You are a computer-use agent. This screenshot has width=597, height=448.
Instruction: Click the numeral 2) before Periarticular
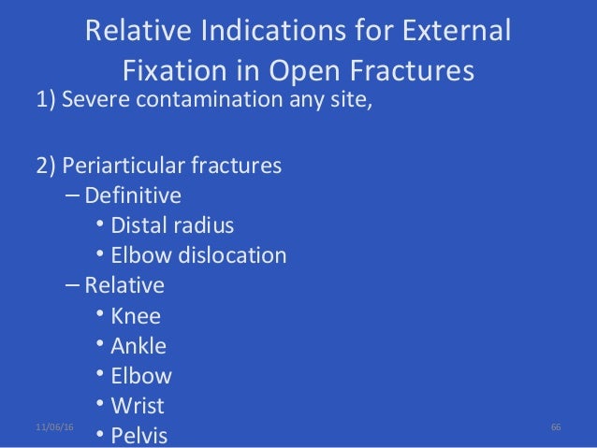pos(48,167)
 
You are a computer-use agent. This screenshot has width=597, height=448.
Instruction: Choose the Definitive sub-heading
pos(133,196)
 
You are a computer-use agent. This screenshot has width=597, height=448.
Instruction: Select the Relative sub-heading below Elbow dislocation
pos(124,285)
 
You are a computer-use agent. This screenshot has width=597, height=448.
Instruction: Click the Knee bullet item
pos(136,315)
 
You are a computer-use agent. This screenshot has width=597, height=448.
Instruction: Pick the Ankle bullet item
pos(138,346)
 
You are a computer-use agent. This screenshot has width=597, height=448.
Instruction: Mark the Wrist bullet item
pos(138,406)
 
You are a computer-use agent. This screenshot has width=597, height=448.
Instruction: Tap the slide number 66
pos(556,426)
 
